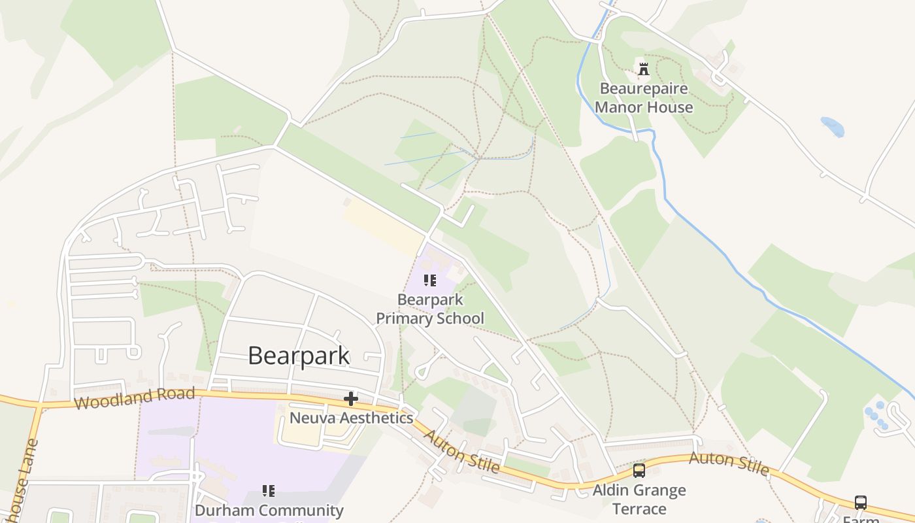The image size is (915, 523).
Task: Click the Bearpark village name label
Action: pos(299,356)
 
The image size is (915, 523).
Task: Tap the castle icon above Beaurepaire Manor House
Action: pos(644,69)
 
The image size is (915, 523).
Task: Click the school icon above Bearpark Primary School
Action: pos(429,281)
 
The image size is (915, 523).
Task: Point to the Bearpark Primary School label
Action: pos(430,309)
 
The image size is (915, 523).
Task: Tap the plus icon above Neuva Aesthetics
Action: pos(351,398)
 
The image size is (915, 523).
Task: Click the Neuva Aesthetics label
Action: pos(351,418)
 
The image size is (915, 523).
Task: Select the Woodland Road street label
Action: pos(135,397)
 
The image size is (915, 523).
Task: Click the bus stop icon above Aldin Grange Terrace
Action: pos(639,471)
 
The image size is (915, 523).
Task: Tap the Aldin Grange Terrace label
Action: pos(639,499)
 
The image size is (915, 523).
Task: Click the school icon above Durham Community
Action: pos(268,490)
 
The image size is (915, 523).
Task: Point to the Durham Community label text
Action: pos(269,510)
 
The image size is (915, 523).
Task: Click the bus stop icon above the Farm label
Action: pos(861,503)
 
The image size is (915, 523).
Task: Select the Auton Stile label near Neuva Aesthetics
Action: pos(461,451)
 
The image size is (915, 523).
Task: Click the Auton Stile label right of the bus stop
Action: pos(729,463)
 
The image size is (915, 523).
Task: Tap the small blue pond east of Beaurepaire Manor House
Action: pos(833,126)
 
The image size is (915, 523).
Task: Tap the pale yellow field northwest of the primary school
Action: pos(382,226)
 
